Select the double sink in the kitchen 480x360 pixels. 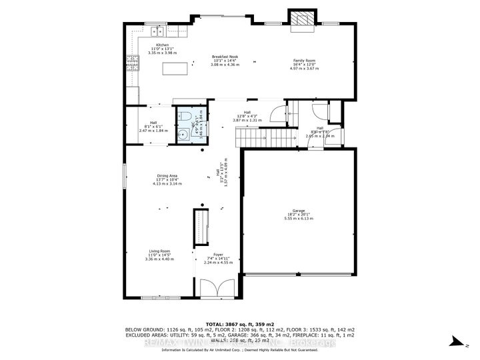click(x=158, y=30)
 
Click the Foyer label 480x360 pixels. click(x=217, y=255)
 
